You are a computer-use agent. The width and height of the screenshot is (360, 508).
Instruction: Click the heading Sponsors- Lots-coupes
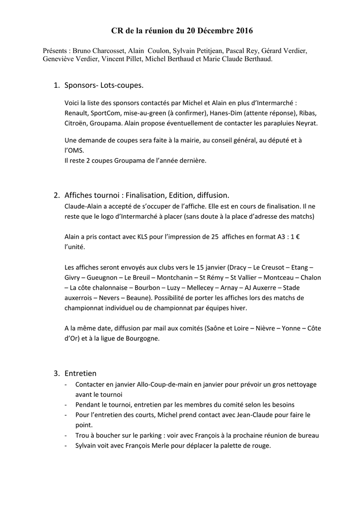(x=104, y=86)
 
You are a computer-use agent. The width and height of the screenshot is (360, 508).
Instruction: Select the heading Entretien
(x=80, y=373)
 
